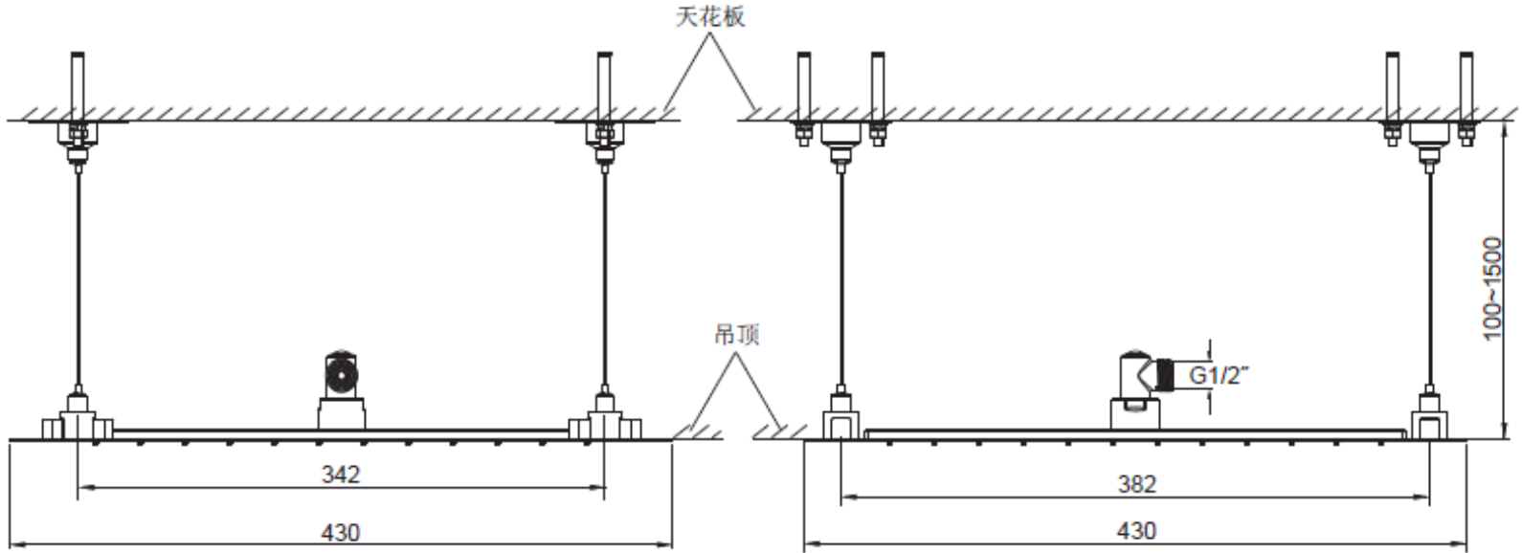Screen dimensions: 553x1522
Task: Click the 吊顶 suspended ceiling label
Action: click(x=737, y=334)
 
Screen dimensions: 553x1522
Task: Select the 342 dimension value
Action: click(x=341, y=474)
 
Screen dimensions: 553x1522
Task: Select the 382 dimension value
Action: click(x=1136, y=484)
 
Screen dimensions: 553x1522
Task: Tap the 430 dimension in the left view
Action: click(x=341, y=532)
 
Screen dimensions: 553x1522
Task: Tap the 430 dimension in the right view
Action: click(x=1136, y=532)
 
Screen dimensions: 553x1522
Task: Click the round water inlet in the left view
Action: click(x=341, y=372)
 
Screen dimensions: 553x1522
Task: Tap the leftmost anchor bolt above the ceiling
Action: click(x=78, y=86)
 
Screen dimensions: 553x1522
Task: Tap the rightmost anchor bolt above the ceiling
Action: click(x=1465, y=86)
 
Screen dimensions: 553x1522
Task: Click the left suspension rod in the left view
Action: click(x=78, y=277)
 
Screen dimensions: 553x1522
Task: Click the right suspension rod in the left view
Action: click(x=604, y=277)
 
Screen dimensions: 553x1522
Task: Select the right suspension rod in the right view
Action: click(x=1429, y=277)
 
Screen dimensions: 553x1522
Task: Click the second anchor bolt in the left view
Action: click(x=604, y=86)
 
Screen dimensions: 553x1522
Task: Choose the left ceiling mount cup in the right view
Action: click(x=840, y=137)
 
